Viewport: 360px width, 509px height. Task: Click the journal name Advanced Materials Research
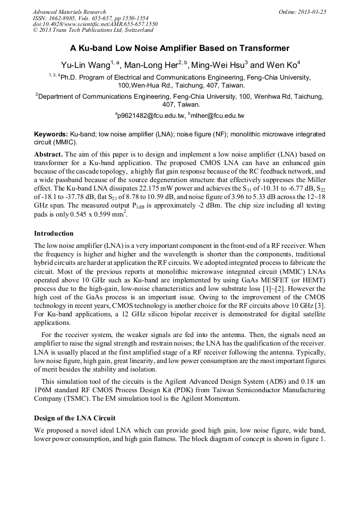point(69,12)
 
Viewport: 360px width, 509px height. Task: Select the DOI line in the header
point(95,24)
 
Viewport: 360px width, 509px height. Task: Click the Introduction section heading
point(54,234)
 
